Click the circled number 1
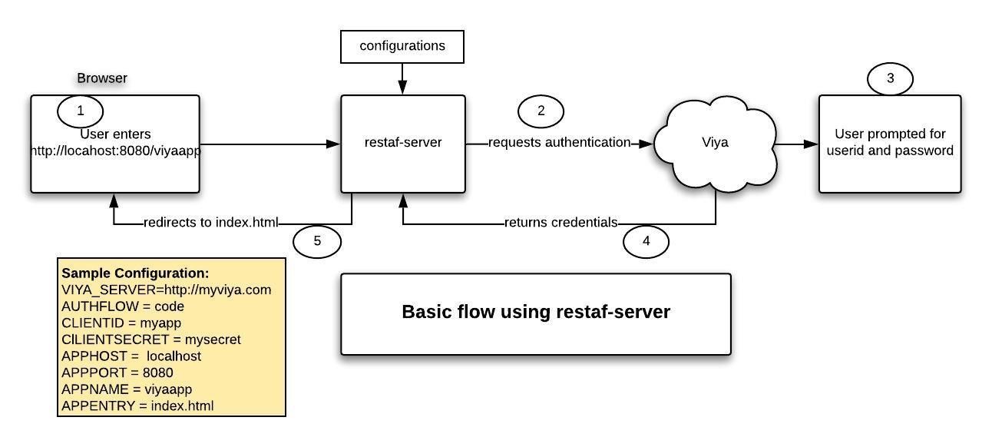[80, 111]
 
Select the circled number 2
[541, 111]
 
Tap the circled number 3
[890, 78]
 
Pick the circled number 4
[645, 241]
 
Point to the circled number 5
[316, 241]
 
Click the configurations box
[402, 46]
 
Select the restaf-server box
[402, 144]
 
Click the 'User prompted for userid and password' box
[889, 144]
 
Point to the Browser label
[102, 78]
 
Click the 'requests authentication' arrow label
[559, 143]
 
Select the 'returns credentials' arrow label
[560, 223]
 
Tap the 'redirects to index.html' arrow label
[210, 223]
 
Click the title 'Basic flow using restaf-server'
[535, 313]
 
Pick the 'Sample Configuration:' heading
[135, 273]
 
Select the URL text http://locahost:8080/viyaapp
[115, 151]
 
